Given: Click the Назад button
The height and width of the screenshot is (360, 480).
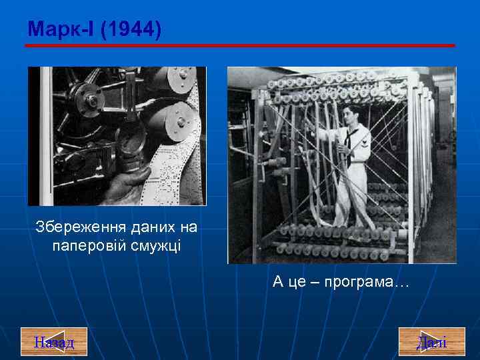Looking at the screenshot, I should [x=54, y=342].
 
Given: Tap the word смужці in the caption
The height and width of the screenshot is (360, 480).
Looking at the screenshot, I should [x=159, y=246].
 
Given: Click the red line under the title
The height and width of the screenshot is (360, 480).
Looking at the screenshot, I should [x=240, y=45].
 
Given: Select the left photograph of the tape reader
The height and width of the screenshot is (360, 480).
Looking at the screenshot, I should [x=117, y=136].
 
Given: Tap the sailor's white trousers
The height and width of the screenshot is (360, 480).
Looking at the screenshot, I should [x=347, y=193].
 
